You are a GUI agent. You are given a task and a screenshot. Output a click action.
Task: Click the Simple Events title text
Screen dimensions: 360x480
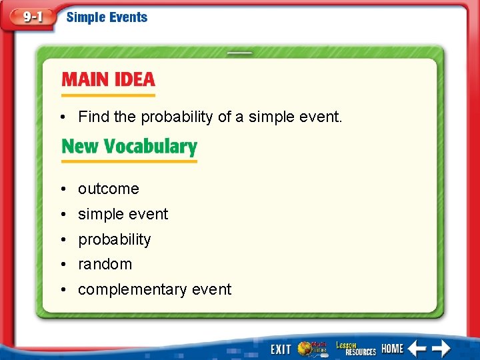click(107, 17)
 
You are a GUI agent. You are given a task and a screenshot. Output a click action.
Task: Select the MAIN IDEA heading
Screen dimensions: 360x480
click(108, 80)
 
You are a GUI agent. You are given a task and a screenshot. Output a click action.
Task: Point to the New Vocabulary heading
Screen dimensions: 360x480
click(129, 147)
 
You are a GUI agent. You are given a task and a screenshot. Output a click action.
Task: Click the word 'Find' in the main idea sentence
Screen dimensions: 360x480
click(94, 117)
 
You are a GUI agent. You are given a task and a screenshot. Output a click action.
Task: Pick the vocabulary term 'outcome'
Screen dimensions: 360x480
click(109, 189)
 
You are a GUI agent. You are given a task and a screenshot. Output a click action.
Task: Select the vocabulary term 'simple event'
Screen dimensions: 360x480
click(123, 215)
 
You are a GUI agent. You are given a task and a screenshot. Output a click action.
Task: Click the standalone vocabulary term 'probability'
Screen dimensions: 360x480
click(115, 240)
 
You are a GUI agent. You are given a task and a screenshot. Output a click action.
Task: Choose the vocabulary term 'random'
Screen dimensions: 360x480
click(105, 265)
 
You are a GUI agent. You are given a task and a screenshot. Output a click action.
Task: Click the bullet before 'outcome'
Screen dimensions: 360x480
click(61, 189)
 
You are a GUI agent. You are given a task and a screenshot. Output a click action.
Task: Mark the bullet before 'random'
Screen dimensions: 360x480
click(61, 265)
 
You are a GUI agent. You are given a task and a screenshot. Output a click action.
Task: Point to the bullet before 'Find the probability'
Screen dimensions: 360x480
click(61, 118)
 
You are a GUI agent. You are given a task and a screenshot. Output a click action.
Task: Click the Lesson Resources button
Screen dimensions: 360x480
click(356, 348)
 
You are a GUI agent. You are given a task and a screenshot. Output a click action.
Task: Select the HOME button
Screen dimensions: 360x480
click(393, 348)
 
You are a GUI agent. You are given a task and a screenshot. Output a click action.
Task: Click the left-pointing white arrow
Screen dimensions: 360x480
click(417, 348)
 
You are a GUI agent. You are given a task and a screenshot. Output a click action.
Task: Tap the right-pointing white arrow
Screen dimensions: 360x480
click(440, 348)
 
